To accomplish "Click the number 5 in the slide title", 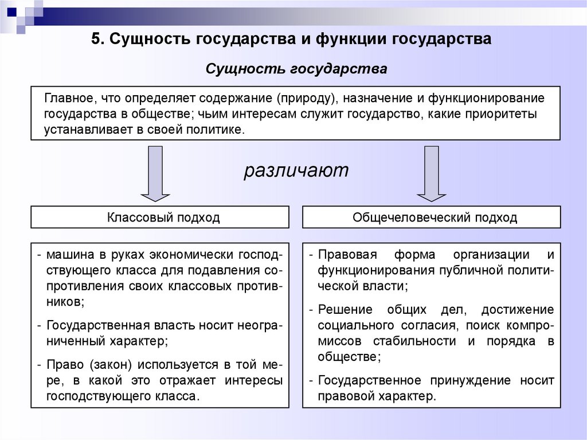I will (96, 40).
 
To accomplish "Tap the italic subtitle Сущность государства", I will (296, 69).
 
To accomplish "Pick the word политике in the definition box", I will (220, 130).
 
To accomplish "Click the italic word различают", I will (296, 170).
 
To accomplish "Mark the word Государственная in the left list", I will (95, 325).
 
